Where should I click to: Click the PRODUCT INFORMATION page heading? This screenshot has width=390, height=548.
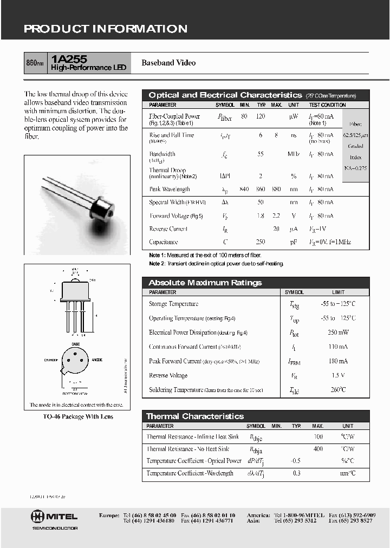[x=106, y=29]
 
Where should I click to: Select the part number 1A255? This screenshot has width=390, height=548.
[x=66, y=59]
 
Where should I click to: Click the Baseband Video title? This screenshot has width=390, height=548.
[x=168, y=63]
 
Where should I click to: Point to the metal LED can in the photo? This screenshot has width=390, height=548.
[x=102, y=209]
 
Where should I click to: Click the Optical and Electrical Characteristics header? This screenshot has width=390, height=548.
[x=225, y=95]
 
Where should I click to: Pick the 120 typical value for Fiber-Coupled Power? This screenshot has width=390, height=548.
[x=261, y=116]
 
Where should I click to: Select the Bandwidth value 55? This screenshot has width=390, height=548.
[x=261, y=154]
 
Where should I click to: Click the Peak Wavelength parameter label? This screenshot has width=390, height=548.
[x=170, y=190]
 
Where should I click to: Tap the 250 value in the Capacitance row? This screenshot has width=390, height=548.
[x=261, y=242]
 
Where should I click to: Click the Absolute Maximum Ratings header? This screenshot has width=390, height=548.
[x=205, y=283]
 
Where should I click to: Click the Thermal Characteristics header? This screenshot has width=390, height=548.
[x=195, y=416]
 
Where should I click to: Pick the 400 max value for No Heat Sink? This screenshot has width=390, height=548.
[x=318, y=449]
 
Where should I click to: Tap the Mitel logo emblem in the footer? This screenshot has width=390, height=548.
[x=40, y=516]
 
